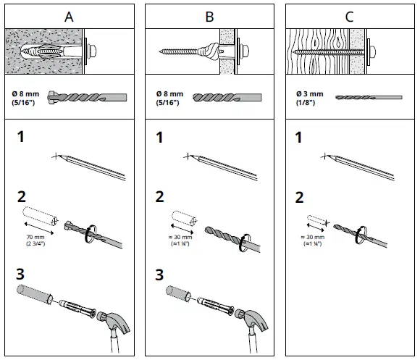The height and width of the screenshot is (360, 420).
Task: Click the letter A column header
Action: [x=69, y=17]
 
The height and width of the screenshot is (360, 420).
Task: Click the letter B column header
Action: [x=209, y=17]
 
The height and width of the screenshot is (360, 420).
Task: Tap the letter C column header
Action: [x=349, y=17]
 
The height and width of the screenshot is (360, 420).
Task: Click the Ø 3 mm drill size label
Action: [x=310, y=94]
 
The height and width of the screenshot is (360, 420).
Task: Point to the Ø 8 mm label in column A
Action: [x=25, y=94]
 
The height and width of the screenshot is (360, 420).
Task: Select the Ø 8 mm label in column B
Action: [x=170, y=94]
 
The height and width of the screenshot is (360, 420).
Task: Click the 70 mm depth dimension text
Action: [x=35, y=237]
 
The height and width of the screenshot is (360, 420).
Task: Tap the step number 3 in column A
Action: [x=20, y=274]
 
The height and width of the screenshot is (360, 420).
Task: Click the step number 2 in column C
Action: [x=299, y=198]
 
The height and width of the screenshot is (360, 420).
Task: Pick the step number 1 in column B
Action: [x=159, y=137]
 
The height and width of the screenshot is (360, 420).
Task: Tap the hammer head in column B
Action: [x=252, y=321]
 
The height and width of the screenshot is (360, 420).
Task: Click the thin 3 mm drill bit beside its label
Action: [x=369, y=98]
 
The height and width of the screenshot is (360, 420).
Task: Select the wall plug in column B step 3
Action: [x=215, y=306]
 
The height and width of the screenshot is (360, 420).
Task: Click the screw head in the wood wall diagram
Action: [x=372, y=51]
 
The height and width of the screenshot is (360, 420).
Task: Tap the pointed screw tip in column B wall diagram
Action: [x=160, y=51]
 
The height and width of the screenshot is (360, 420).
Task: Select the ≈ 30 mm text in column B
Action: [x=180, y=237]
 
